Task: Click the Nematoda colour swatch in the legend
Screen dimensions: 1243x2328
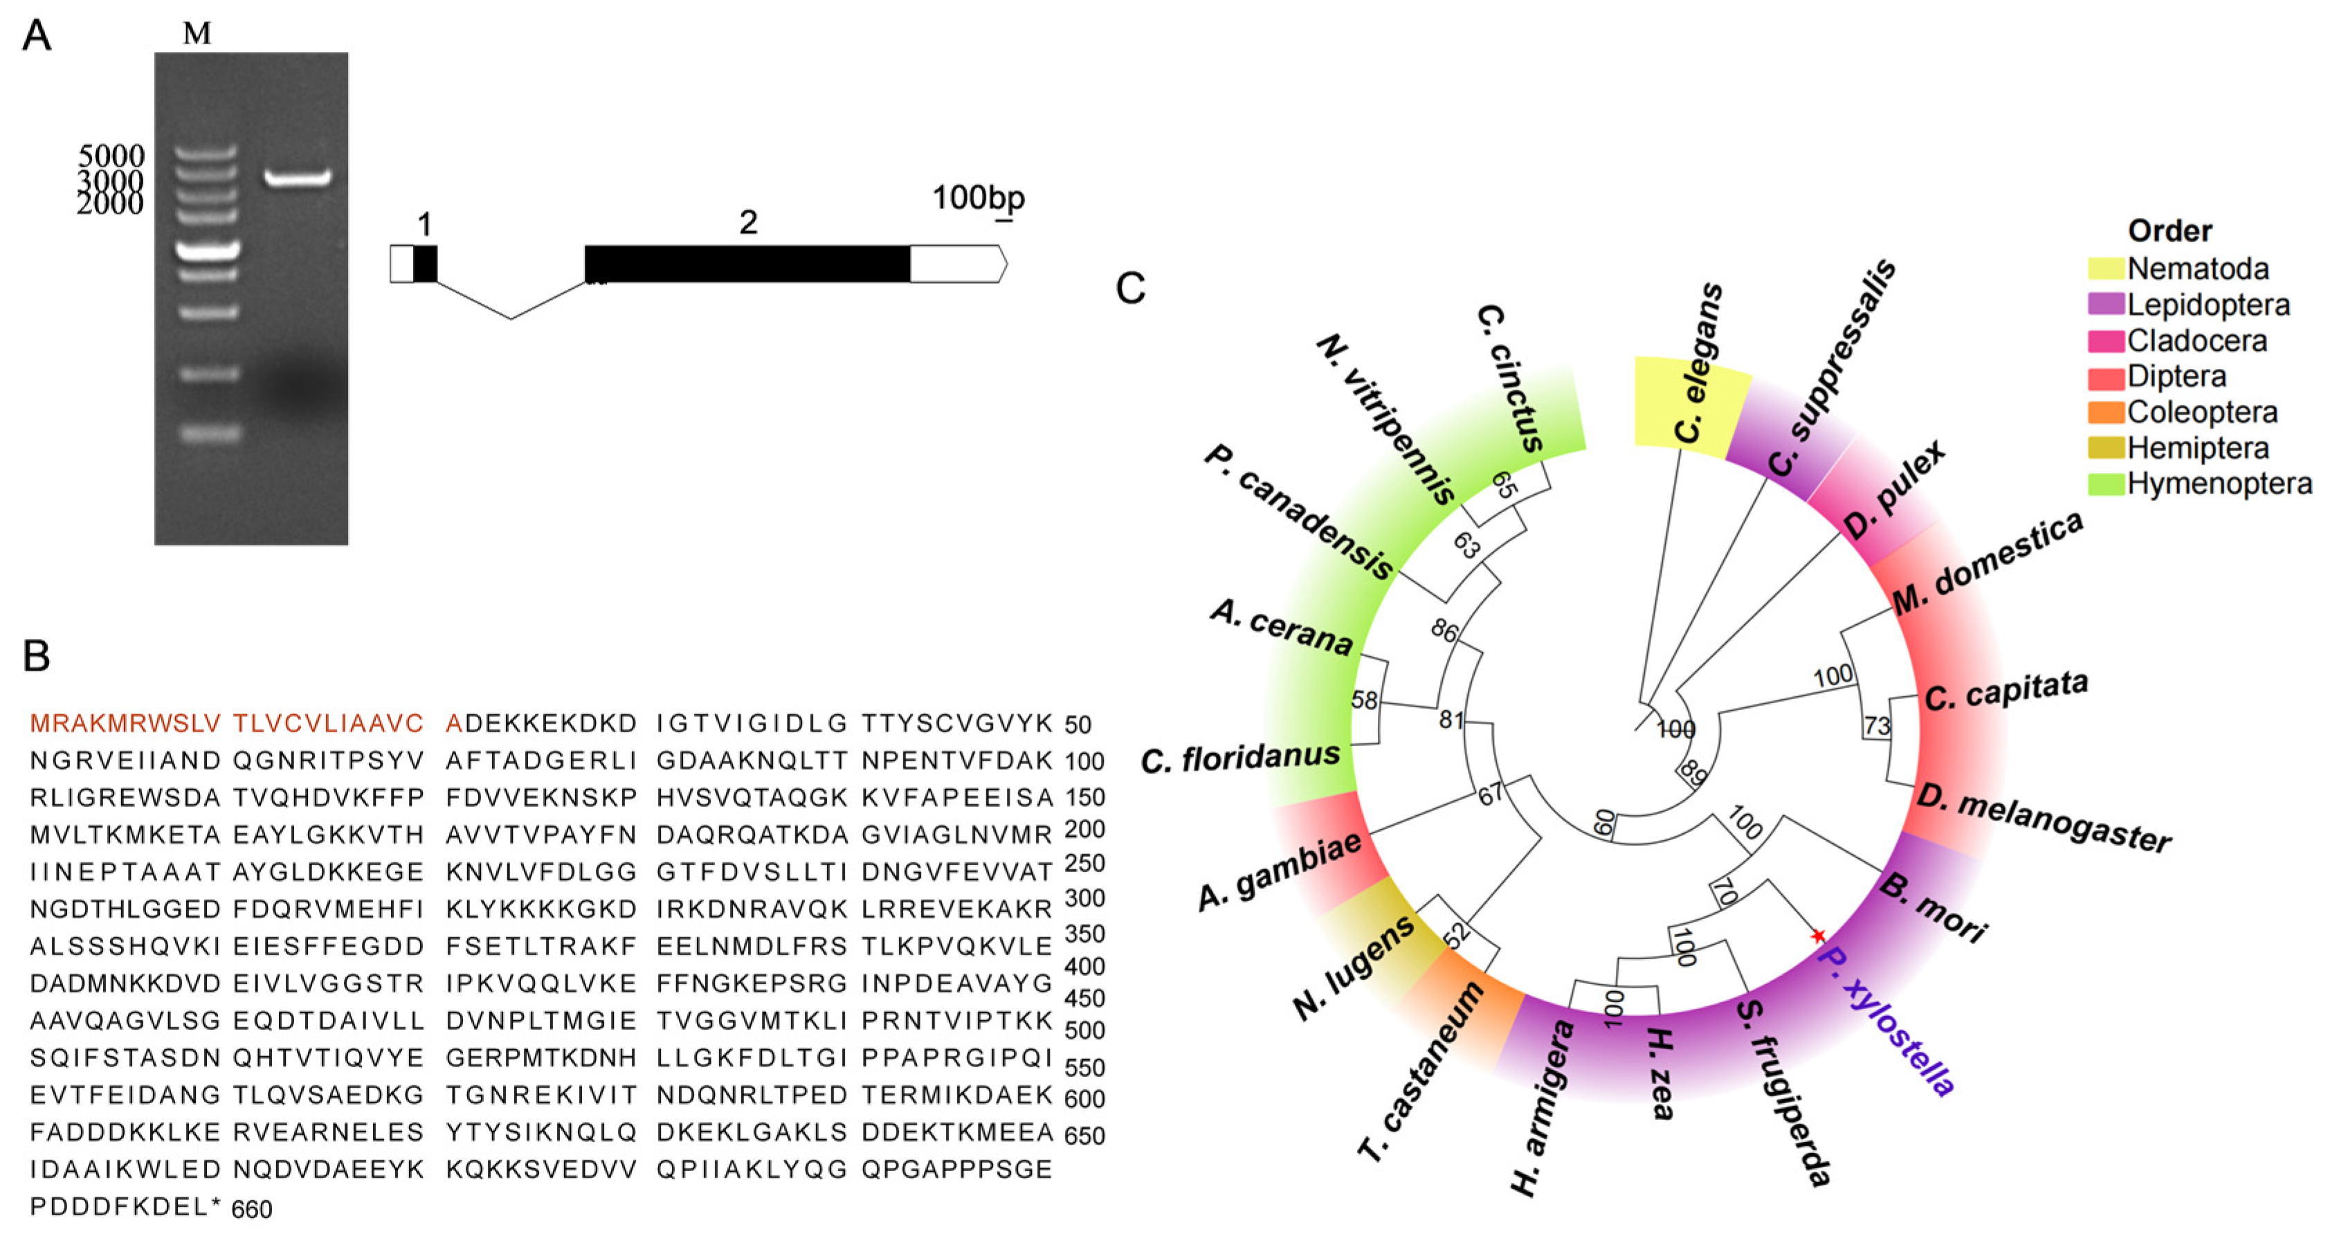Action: [x=2104, y=269]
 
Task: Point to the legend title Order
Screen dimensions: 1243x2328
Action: [x=2169, y=230]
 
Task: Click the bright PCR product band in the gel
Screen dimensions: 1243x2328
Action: [x=298, y=178]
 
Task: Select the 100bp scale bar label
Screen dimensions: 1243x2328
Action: [x=978, y=197]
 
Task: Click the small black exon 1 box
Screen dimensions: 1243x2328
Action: [x=425, y=264]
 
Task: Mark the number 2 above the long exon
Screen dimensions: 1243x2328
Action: [x=748, y=222]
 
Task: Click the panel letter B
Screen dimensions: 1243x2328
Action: [x=36, y=655]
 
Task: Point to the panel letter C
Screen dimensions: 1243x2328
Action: [x=1131, y=289]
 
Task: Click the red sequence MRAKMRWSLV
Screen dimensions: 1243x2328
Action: [x=125, y=723]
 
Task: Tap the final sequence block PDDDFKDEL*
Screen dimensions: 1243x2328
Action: [x=125, y=1207]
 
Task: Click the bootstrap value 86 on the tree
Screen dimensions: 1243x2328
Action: [x=1444, y=630]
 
